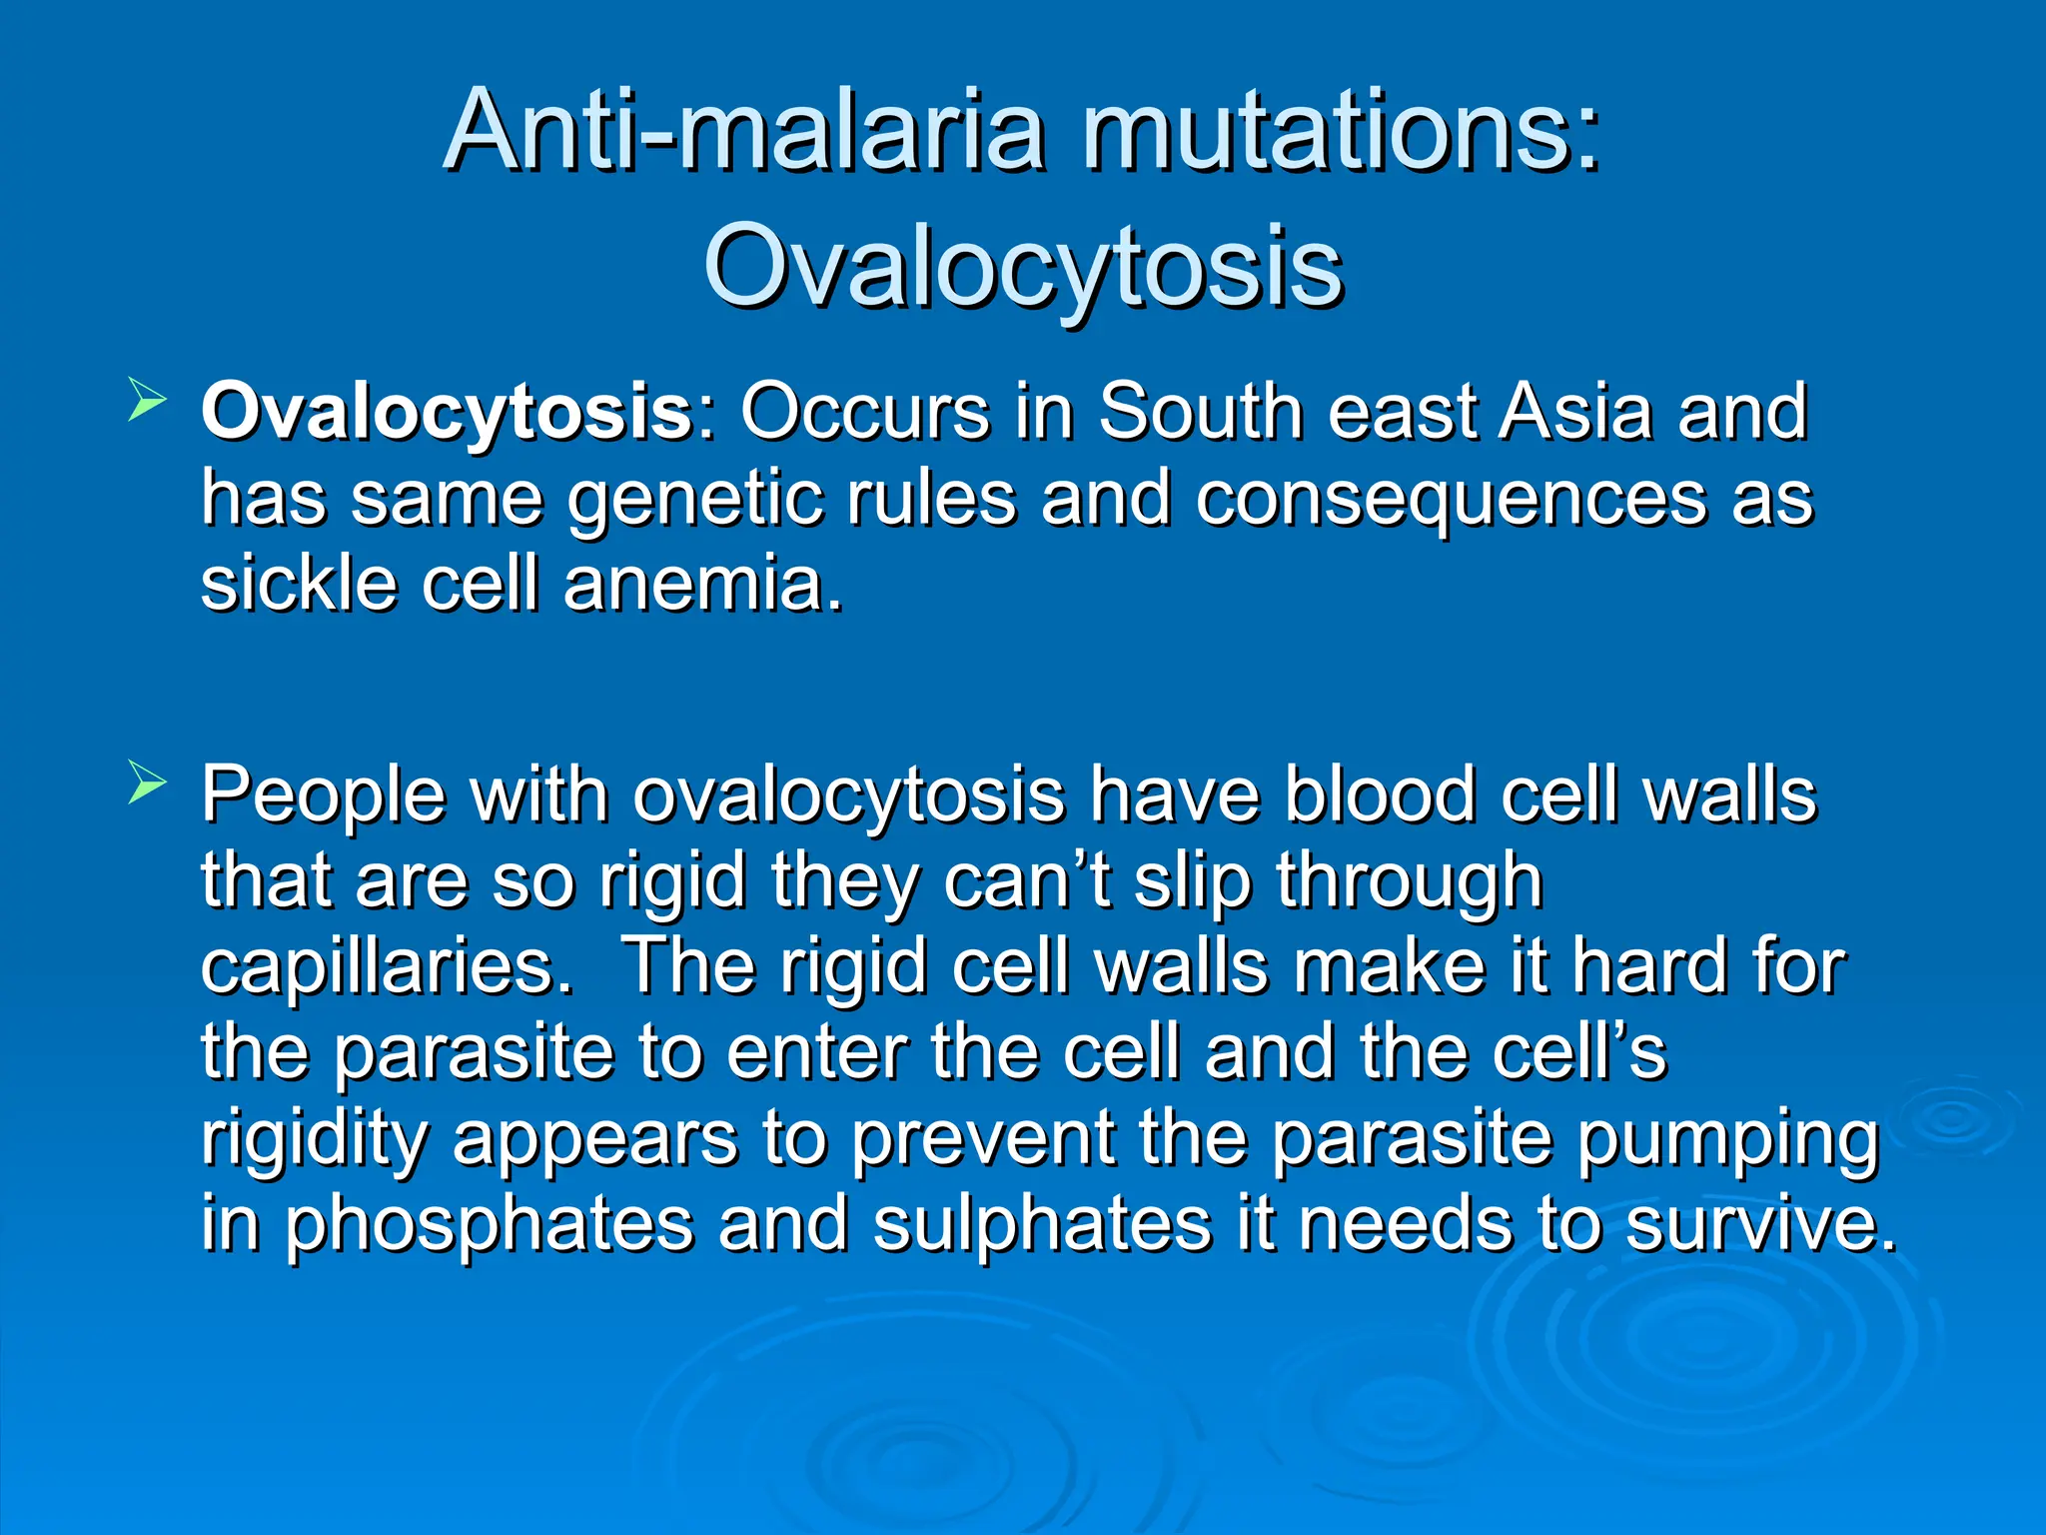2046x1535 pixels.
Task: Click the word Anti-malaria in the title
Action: click(745, 131)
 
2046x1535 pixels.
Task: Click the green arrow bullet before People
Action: click(147, 785)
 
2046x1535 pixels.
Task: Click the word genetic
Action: click(697, 500)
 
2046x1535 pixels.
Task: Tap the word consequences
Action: click(1450, 500)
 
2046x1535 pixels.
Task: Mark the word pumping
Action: click(1727, 1140)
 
